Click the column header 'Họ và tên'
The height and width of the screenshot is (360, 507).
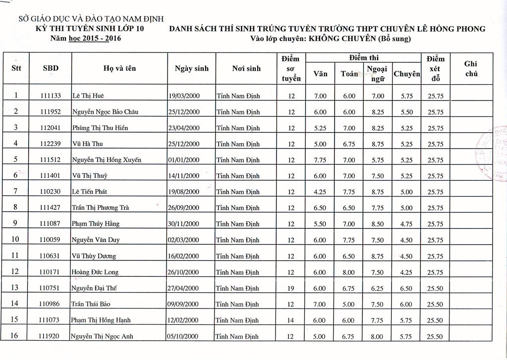pyautogui.click(x=119, y=68)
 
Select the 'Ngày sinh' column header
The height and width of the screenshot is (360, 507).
pyautogui.click(x=192, y=68)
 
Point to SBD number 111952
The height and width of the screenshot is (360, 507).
pyautogui.click(x=51, y=112)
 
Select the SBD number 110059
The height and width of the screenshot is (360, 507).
pyautogui.click(x=51, y=240)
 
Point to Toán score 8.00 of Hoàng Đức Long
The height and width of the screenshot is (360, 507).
pyautogui.click(x=349, y=272)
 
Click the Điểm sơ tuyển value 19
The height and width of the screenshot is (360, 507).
pyautogui.click(x=291, y=288)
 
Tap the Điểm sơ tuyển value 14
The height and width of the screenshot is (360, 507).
pyautogui.click(x=291, y=320)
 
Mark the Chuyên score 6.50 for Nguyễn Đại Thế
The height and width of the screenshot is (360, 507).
pyautogui.click(x=406, y=288)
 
